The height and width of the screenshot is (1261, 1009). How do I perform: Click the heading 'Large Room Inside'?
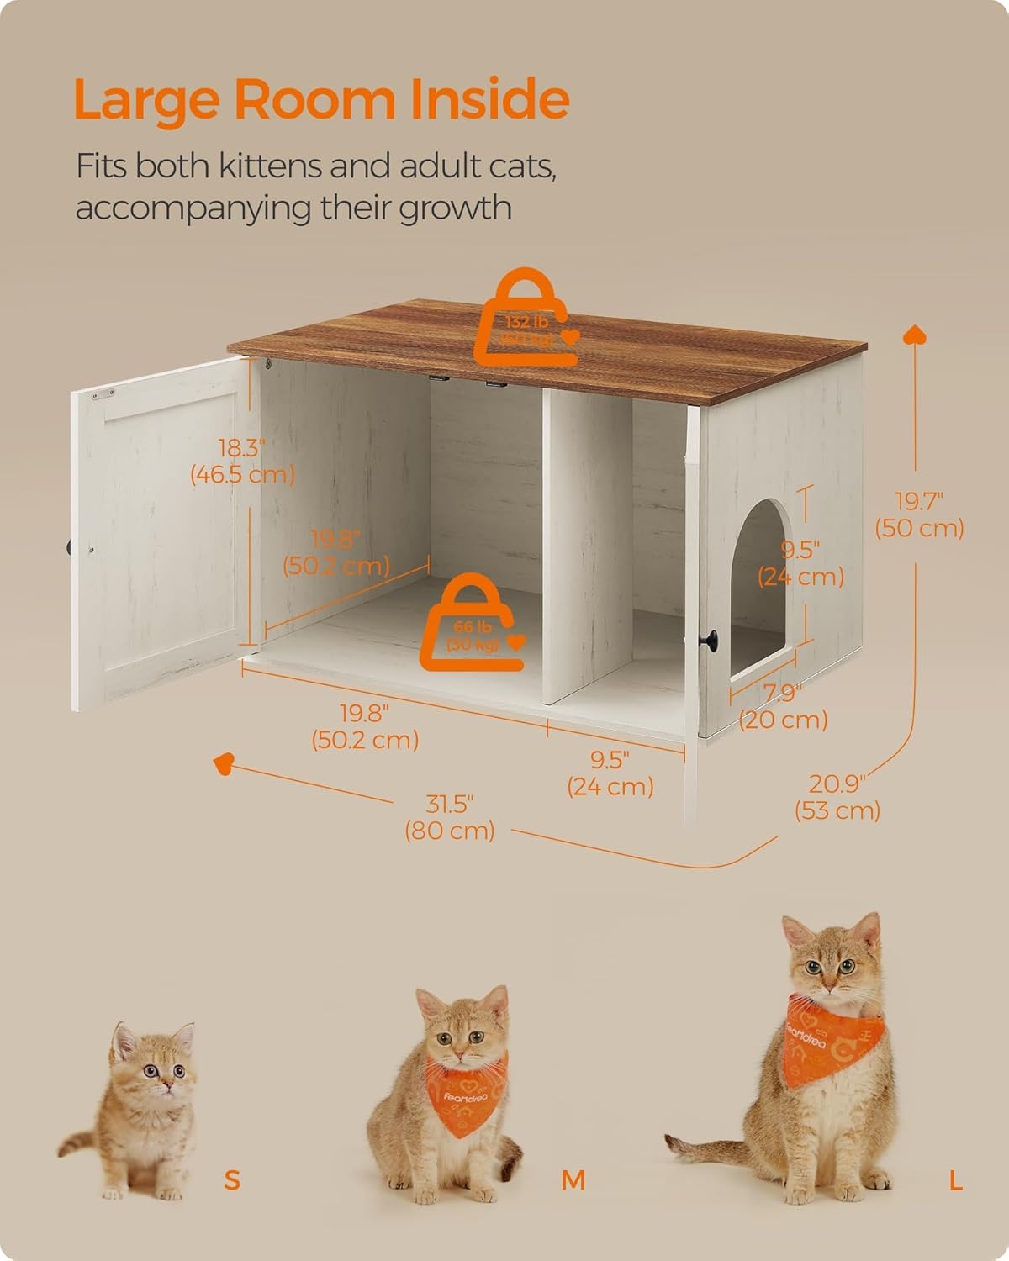pyautogui.click(x=321, y=99)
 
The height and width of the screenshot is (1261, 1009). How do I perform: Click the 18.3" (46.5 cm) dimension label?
pyautogui.click(x=242, y=461)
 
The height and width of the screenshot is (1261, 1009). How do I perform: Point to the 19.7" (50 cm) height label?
pyautogui.click(x=918, y=514)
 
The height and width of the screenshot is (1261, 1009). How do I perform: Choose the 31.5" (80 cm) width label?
pyautogui.click(x=449, y=817)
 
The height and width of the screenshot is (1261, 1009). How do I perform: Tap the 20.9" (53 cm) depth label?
pyautogui.click(x=837, y=797)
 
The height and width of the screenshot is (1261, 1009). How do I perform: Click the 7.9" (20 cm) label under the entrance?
pyautogui.click(x=783, y=707)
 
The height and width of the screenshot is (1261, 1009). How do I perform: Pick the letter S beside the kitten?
pyautogui.click(x=232, y=1179)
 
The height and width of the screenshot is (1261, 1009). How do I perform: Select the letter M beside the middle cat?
pyautogui.click(x=573, y=1179)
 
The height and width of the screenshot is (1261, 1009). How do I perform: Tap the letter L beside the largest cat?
pyautogui.click(x=955, y=1179)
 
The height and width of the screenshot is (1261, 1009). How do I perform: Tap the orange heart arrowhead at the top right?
pyautogui.click(x=914, y=335)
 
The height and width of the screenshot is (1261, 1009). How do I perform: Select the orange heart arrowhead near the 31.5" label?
pyautogui.click(x=224, y=763)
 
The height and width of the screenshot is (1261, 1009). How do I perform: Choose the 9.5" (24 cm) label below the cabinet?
pyautogui.click(x=610, y=773)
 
